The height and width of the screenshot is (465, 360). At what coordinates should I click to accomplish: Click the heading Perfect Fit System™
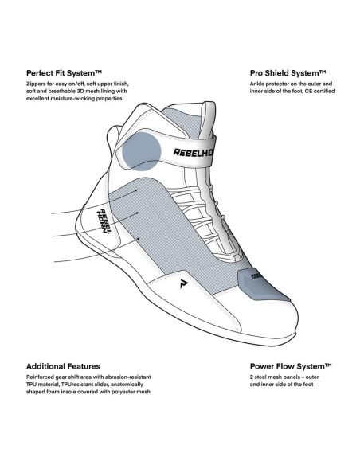[x=64, y=73]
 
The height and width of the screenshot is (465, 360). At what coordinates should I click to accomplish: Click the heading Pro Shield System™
[x=288, y=73]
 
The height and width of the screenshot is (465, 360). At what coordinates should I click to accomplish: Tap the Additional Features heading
[x=63, y=366]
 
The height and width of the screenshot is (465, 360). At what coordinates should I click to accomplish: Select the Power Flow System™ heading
[x=291, y=366]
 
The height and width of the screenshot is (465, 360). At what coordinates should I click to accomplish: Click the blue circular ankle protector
[x=142, y=151]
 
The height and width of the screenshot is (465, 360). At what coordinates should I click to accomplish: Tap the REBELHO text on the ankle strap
[x=193, y=152]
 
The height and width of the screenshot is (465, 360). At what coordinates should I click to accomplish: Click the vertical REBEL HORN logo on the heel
[x=104, y=221]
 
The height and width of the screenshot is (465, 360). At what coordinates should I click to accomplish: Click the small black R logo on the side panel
[x=183, y=283]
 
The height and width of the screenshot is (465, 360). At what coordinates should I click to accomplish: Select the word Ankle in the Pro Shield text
[x=257, y=84]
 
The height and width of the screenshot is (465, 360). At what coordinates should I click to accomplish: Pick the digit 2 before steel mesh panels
[x=252, y=377]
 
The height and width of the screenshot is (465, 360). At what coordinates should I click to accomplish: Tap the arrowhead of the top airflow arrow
[x=136, y=190]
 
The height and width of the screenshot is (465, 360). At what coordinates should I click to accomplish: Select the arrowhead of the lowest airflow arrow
[x=139, y=238]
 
